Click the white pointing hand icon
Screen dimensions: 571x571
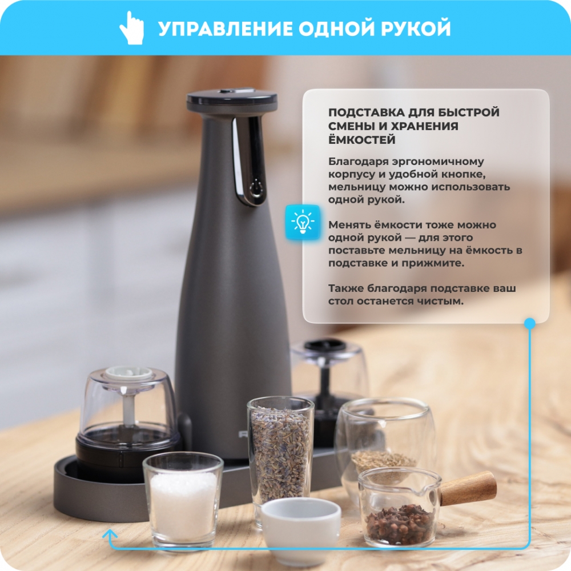pos(131,27)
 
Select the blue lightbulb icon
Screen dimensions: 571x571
pos(303,222)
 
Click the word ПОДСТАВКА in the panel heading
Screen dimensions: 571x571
pos(366,112)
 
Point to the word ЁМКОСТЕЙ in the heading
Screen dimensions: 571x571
pos(361,139)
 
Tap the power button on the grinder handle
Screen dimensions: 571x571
pos(256,189)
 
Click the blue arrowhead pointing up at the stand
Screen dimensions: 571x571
pos(110,534)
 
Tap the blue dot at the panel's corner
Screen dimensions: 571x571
pos(530,323)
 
